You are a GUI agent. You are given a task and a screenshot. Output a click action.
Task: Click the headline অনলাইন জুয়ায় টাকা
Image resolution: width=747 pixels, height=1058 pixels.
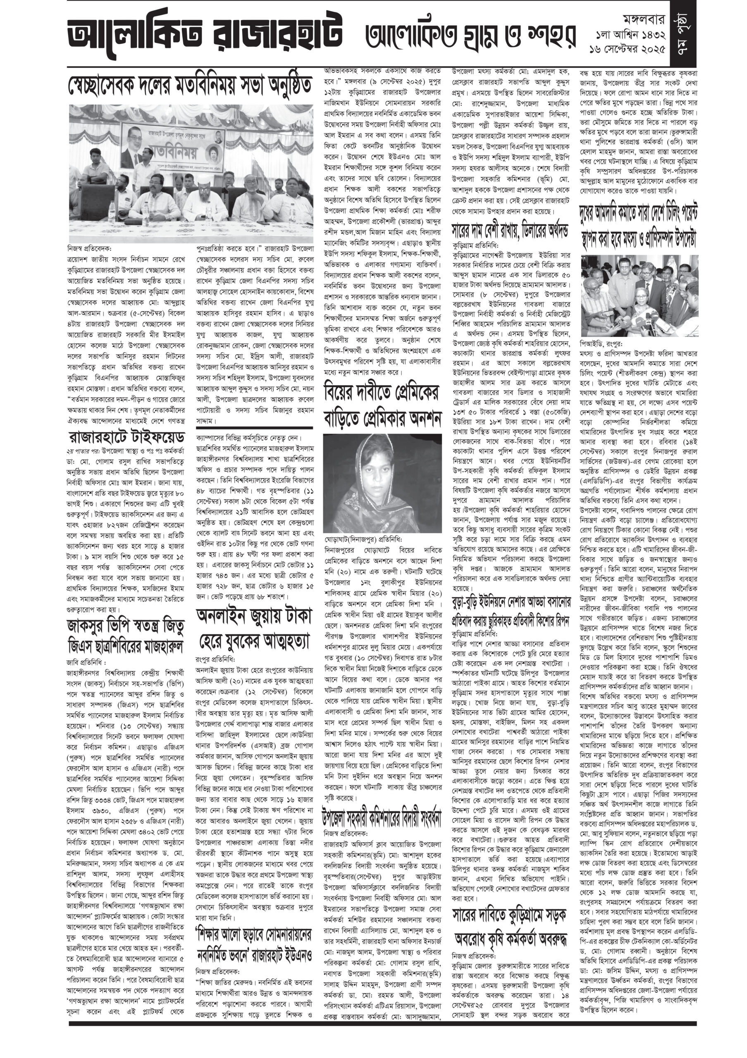(x=254, y=616)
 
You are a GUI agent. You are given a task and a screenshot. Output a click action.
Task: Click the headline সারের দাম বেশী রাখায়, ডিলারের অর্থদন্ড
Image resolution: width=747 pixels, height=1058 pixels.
(x=510, y=229)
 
